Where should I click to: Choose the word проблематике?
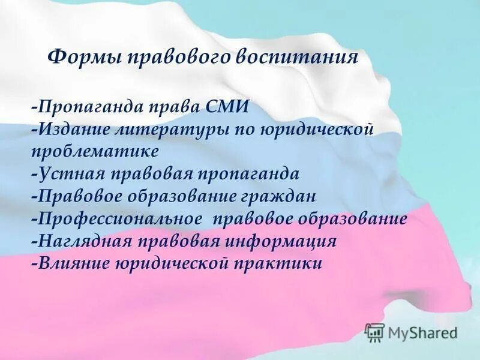(95, 149)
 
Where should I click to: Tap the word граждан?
(283, 196)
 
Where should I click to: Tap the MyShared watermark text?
(423, 332)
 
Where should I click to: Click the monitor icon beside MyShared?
(374, 332)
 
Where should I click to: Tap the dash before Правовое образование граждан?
(35, 196)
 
